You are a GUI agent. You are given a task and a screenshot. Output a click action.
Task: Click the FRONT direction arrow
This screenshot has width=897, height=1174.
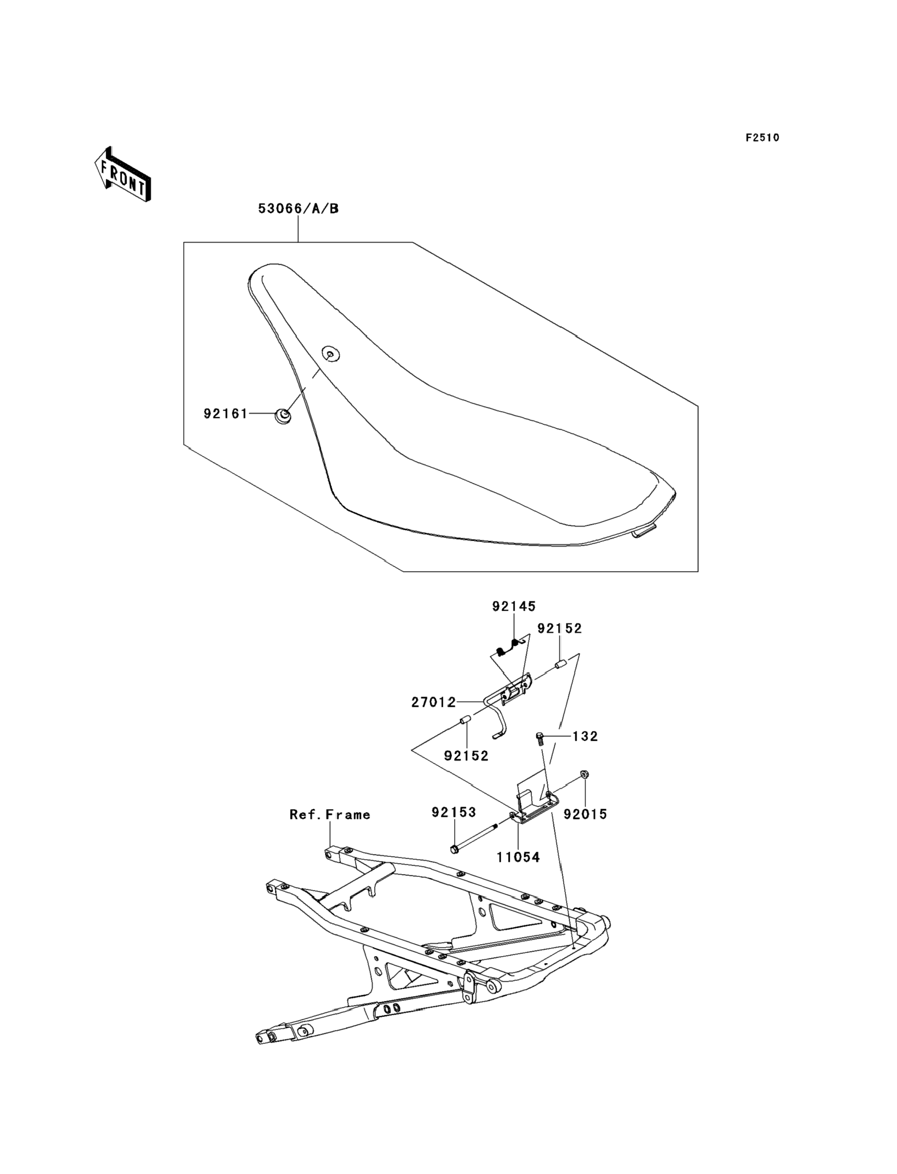pyautogui.click(x=122, y=174)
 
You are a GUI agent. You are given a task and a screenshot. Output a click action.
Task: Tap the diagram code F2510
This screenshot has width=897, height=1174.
pyautogui.click(x=763, y=138)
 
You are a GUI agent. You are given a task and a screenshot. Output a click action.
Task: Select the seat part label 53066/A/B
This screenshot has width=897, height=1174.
pyautogui.click(x=298, y=208)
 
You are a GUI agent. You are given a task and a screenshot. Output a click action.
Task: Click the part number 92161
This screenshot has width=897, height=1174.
pyautogui.click(x=225, y=414)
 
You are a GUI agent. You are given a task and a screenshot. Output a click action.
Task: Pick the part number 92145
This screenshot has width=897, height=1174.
pyautogui.click(x=514, y=606)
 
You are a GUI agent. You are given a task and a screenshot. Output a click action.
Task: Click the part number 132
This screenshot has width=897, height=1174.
pyautogui.click(x=585, y=736)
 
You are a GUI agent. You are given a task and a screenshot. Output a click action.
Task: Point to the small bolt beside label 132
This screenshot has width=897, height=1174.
pyautogui.click(x=540, y=739)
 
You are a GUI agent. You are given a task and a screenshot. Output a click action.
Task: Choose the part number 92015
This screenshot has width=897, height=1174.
pyautogui.click(x=586, y=814)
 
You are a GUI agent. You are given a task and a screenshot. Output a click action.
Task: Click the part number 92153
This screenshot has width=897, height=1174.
pyautogui.click(x=454, y=812)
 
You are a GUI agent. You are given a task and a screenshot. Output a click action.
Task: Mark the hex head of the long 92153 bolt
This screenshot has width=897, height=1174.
pyautogui.click(x=455, y=849)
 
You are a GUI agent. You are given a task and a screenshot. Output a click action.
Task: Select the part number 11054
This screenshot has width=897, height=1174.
pyautogui.click(x=518, y=857)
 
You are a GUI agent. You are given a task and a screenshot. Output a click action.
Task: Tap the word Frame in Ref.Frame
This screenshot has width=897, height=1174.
pyautogui.click(x=348, y=814)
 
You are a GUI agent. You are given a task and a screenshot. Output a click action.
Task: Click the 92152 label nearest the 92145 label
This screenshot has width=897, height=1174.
pyautogui.click(x=559, y=629)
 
